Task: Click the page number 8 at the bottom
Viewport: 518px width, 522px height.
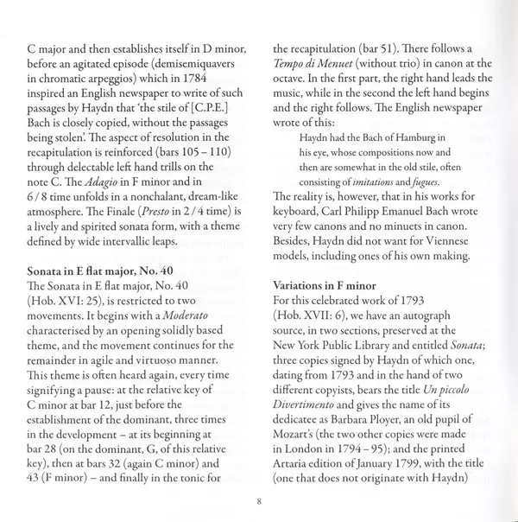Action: (x=258, y=499)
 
